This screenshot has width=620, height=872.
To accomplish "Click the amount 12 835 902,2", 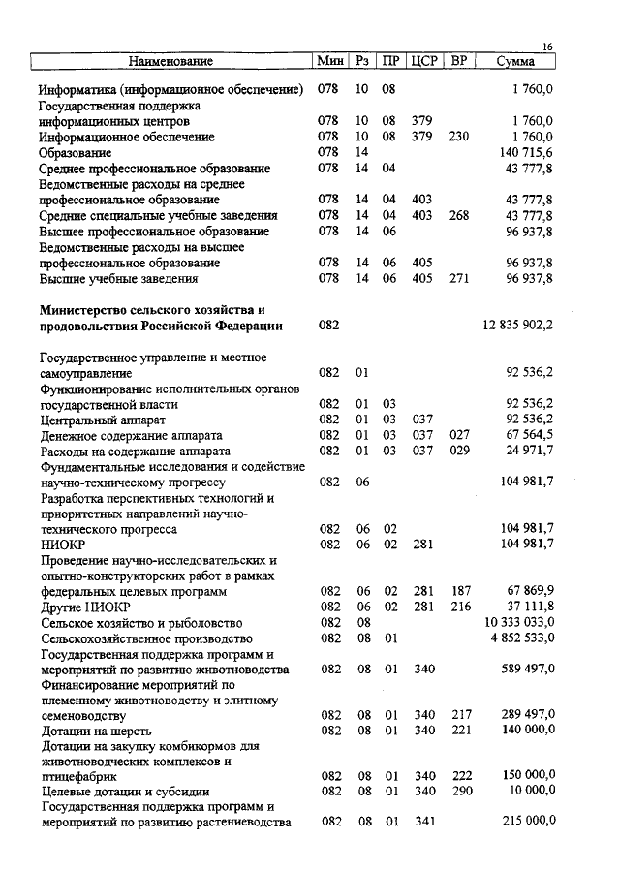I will tap(517, 326).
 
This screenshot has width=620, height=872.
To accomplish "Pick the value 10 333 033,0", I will tap(520, 622).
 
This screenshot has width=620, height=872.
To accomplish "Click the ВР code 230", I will tap(459, 138).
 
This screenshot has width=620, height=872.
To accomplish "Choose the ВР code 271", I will tap(459, 279).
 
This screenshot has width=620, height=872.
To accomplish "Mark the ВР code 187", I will tap(461, 591).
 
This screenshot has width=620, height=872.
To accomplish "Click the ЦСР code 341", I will tap(424, 822).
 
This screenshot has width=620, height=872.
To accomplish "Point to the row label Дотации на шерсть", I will tap(96, 731).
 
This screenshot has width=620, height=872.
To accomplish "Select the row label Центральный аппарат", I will tap(103, 420).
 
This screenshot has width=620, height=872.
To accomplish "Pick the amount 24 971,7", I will tap(529, 452).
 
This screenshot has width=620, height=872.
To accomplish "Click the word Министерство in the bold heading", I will tap(87, 310).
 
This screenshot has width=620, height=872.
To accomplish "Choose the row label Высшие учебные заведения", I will tap(120, 279).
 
